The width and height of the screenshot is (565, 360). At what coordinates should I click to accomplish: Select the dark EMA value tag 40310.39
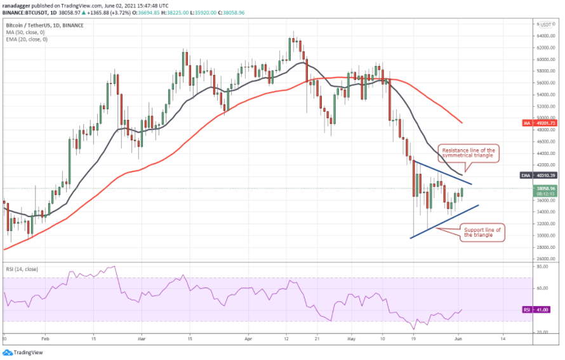tap(545, 175)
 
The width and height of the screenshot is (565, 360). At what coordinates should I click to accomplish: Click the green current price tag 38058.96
tap(545, 189)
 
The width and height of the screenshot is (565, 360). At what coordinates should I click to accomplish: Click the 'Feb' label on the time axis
tap(44, 340)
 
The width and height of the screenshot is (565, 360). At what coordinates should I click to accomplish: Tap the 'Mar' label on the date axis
tap(141, 340)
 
